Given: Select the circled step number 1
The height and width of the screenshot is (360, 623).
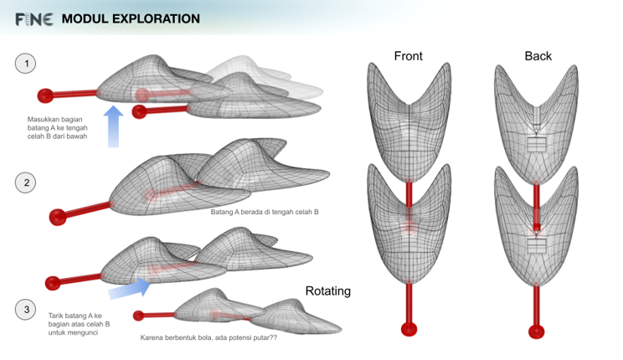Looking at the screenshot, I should pos(27,63).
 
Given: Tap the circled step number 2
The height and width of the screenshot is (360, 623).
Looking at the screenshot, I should pos(27,183).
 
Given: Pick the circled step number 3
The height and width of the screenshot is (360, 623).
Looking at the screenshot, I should pos(27,310).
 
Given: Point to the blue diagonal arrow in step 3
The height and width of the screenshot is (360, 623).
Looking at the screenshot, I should pos(131,289).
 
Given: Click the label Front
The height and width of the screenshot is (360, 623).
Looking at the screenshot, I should pos(408,56).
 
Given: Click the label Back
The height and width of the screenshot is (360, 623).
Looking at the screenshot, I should pos(538,56).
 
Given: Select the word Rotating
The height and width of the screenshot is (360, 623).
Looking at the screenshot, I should pos(327,291).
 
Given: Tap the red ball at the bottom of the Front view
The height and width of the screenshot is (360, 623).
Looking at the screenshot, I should pos(409,328).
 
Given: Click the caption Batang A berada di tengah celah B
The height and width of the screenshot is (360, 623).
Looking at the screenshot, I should pos(265,212).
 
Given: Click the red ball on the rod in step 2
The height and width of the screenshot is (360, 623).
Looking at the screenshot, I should pos(57,218).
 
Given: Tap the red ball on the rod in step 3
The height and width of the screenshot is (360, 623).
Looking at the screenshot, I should pos(53,282).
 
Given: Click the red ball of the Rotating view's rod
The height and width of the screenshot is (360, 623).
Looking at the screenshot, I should pos(138,316).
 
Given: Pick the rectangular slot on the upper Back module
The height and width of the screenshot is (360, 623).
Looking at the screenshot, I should pos(536,144).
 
